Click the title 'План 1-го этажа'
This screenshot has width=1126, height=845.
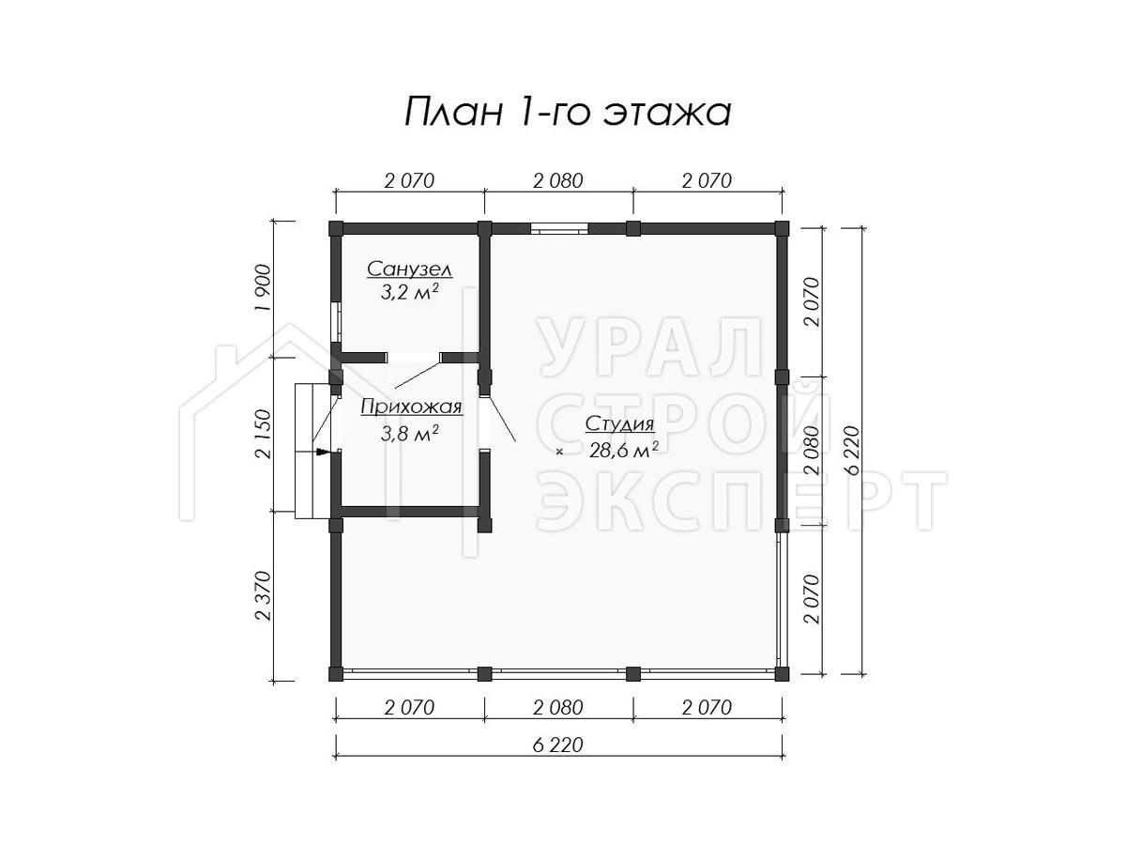pos(568,114)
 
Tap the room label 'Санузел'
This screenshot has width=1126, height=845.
pos(409,269)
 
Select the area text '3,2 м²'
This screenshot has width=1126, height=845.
pos(409,292)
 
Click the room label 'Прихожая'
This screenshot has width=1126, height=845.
pos(411,407)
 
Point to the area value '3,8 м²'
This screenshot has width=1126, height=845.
pos(409,434)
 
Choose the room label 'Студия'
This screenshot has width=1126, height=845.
pos(619,424)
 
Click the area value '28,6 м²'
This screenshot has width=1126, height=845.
pos(624,451)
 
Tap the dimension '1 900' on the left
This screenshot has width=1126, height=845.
pos(265,288)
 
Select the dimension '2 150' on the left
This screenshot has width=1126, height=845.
pos(265,434)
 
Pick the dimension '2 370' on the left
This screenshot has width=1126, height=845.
pos(265,595)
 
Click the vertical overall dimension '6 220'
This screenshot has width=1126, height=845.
pos(854,451)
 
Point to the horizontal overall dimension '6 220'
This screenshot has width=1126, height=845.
pos(558,745)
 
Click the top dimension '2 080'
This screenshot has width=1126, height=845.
pos(558,181)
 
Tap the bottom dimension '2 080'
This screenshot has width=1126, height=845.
pos(558,708)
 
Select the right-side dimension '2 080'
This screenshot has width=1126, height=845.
pos(812,451)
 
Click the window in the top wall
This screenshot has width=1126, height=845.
pos(558,228)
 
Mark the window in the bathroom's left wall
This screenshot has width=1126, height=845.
pos(336,322)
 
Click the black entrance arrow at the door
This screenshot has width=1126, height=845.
pos(322,452)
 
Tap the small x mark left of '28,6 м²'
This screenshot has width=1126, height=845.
pos(559,452)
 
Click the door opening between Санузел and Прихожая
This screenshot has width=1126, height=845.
pos(414,358)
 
